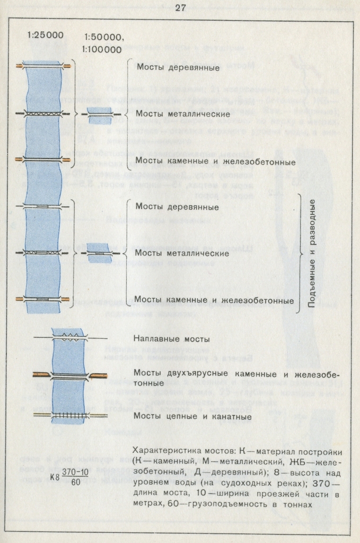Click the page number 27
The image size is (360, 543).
(x=180, y=8)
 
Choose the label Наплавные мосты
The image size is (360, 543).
(x=171, y=338)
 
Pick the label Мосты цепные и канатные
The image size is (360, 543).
(x=192, y=416)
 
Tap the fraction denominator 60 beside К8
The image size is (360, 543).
(x=75, y=481)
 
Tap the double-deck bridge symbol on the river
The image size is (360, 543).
(x=69, y=375)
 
